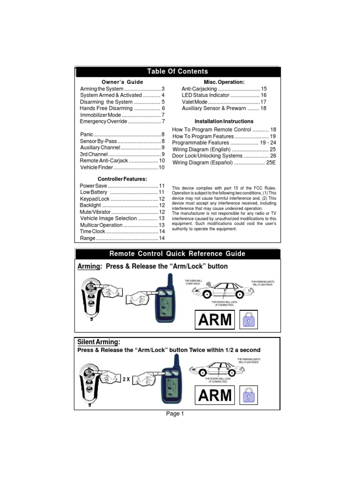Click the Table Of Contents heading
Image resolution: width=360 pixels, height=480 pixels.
tap(178, 71)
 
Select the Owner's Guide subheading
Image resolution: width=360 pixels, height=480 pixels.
tap(122, 82)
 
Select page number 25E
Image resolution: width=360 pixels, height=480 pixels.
tap(271, 163)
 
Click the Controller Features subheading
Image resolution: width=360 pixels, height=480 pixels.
tap(122, 179)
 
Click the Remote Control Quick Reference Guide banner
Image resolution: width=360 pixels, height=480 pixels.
tap(177, 254)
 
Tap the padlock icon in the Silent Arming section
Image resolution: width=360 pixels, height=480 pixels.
tap(248, 395)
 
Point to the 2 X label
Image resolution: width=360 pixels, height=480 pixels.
tap(126, 380)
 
